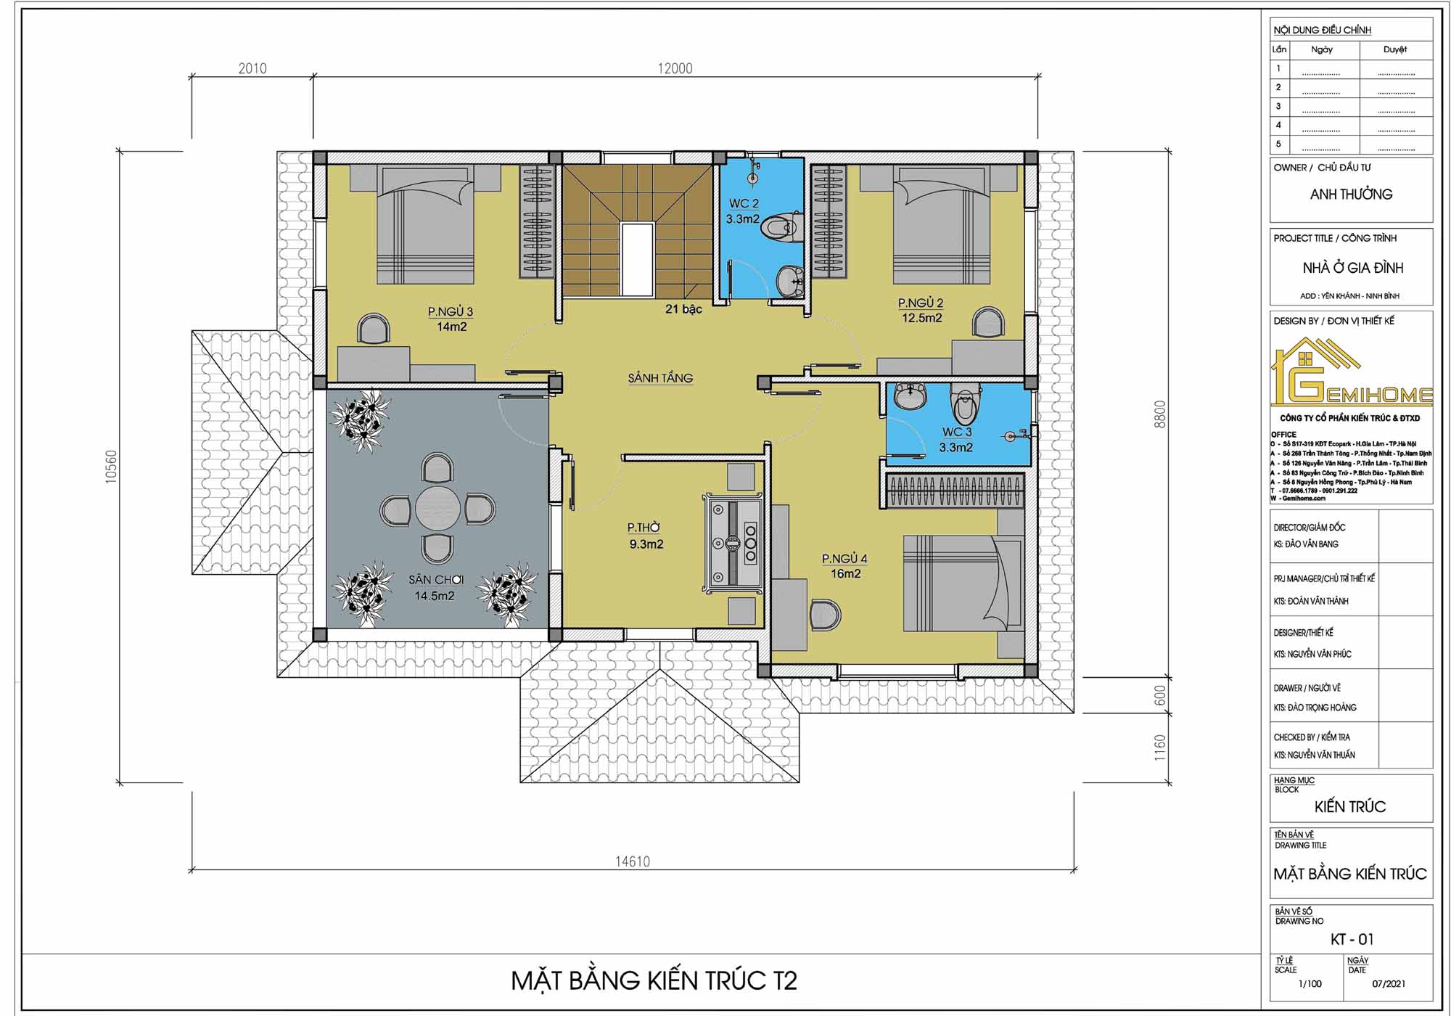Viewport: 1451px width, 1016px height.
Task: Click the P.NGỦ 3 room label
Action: pos(451,311)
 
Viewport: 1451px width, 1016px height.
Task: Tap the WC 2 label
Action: pos(744,203)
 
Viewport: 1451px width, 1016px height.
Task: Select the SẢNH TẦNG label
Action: pos(660,378)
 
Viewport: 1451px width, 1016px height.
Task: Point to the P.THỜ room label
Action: pos(644,528)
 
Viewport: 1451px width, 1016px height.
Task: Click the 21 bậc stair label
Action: pos(683,309)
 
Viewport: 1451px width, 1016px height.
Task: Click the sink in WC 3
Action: pos(910,396)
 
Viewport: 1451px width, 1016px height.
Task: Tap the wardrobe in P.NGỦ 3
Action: pos(537,221)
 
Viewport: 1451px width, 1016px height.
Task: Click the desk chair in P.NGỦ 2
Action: pos(989,323)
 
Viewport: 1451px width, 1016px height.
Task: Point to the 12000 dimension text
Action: pos(675,68)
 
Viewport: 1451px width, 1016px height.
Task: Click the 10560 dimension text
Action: pos(111,467)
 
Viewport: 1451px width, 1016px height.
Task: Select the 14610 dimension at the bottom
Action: pos(633,861)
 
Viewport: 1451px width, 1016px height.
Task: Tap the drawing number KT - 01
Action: pos(1352,939)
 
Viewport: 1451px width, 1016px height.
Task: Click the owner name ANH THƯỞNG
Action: pos(1351,194)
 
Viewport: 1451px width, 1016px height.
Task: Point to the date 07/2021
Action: pos(1389,984)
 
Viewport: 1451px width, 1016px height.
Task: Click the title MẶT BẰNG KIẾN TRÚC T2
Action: pos(654,980)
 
